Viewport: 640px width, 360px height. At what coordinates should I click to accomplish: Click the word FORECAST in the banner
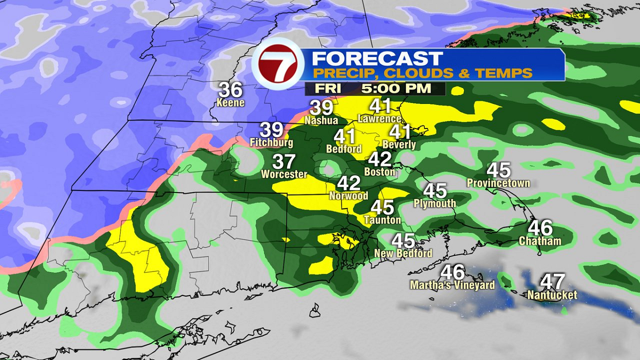(x=377, y=58)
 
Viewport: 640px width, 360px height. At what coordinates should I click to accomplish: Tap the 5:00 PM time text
(x=395, y=89)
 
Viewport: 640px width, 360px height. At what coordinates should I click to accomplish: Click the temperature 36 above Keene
(x=230, y=90)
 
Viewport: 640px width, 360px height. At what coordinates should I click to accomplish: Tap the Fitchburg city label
(x=271, y=143)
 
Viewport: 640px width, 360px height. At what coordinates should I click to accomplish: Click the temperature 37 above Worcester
(x=284, y=161)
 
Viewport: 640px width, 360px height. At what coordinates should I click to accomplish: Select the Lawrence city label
(x=380, y=118)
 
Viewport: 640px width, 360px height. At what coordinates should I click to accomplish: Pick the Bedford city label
(x=343, y=149)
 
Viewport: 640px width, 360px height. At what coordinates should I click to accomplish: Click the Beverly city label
(x=399, y=145)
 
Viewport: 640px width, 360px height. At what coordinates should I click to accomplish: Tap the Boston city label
(x=380, y=172)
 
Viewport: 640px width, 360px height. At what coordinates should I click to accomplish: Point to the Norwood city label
(x=349, y=196)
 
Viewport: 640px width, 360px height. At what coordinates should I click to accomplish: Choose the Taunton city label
(x=382, y=220)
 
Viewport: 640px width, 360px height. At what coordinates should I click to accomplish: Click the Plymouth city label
(x=435, y=203)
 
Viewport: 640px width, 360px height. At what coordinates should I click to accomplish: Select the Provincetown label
(x=498, y=183)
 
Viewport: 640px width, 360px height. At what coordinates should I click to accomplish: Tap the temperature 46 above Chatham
(x=540, y=228)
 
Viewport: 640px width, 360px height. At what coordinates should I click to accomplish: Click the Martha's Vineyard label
(x=452, y=285)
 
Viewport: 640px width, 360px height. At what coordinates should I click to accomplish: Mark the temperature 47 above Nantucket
(x=552, y=281)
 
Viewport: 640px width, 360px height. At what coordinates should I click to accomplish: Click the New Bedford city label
(x=403, y=253)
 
